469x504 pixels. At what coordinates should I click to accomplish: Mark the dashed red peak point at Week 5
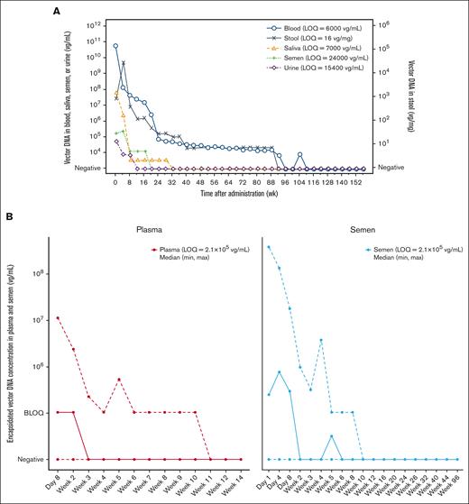[119, 380]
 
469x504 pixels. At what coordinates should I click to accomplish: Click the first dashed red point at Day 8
[59, 317]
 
